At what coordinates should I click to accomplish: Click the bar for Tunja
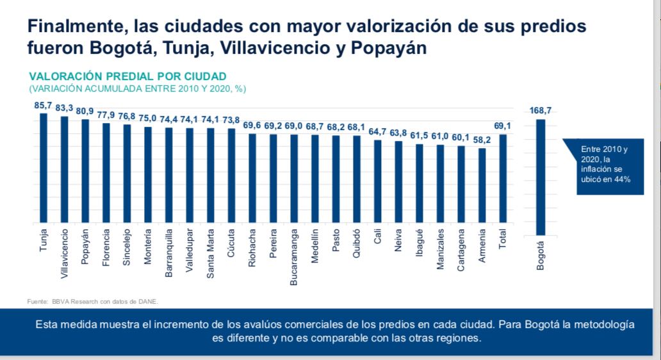tap(44, 168)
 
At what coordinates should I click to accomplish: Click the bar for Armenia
tap(482, 185)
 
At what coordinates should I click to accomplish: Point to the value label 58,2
tap(482, 140)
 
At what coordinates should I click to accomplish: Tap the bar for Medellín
tap(314, 179)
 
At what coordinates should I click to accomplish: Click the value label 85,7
tap(44, 104)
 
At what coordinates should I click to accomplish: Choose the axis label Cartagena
tap(461, 250)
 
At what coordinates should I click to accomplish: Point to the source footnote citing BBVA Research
tap(93, 300)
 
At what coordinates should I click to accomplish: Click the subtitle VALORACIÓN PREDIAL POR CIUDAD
tap(127, 76)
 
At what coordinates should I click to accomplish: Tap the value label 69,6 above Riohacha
tap(252, 125)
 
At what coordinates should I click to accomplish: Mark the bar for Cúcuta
tap(231, 176)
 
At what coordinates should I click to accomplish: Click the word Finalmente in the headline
tap(71, 27)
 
